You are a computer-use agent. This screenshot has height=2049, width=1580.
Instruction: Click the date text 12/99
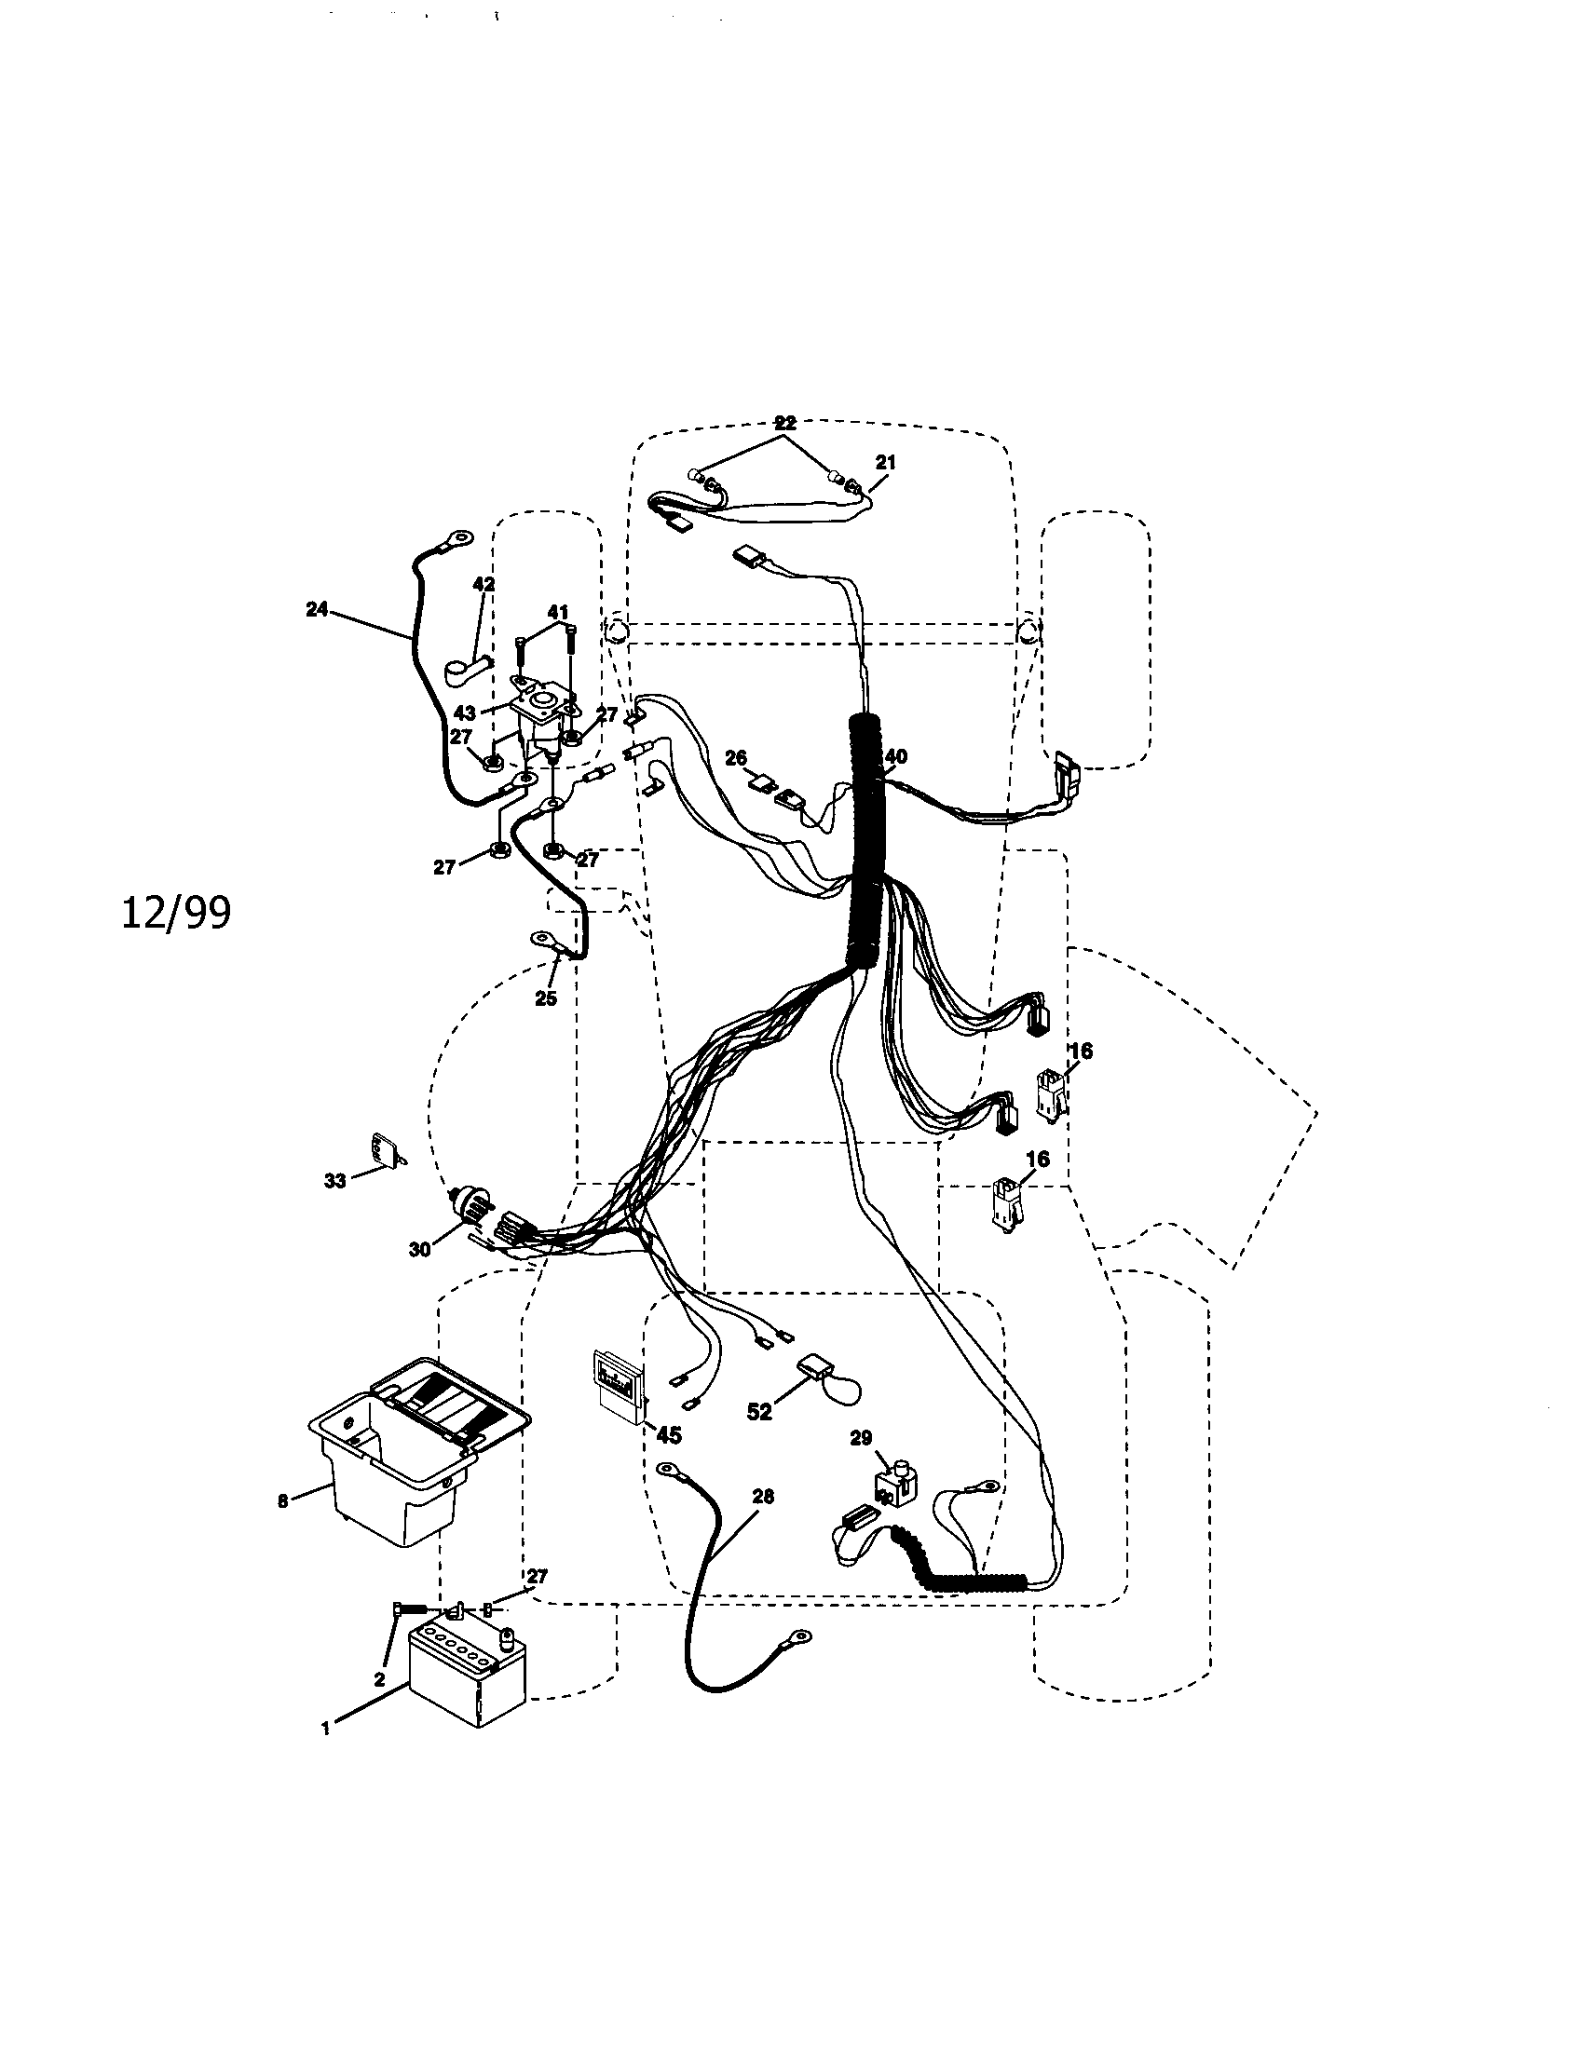(x=175, y=913)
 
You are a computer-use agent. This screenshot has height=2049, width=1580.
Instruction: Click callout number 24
(x=317, y=609)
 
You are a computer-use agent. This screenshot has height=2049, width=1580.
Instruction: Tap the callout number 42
(x=484, y=585)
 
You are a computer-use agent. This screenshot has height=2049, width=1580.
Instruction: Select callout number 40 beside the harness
(x=896, y=756)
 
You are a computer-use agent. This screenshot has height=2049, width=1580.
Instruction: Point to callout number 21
(x=886, y=462)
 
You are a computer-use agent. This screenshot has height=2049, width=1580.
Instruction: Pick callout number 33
(x=335, y=1181)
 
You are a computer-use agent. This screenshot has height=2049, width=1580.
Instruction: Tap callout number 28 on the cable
(x=764, y=1497)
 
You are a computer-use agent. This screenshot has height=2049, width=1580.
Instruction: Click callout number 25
(x=546, y=998)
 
